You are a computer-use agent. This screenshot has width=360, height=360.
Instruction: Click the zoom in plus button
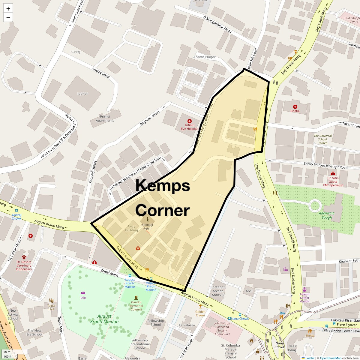click(8, 9)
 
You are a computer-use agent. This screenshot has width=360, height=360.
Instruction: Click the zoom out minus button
click(8, 17)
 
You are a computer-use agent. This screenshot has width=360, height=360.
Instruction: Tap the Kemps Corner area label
click(163, 198)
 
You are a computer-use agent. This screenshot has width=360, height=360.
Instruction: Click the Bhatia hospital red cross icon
click(295, 106)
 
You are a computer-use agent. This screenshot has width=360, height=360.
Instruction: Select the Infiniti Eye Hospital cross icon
click(190, 121)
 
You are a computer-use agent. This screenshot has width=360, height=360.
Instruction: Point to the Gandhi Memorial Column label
click(136, 306)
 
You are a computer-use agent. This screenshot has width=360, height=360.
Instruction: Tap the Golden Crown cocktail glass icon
click(200, 306)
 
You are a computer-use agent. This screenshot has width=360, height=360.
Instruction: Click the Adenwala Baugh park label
click(321, 215)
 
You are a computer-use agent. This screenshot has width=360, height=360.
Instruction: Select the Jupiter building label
click(82, 94)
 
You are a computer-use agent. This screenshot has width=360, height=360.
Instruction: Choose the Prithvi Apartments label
click(105, 118)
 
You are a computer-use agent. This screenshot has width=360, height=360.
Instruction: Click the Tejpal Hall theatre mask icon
click(51, 300)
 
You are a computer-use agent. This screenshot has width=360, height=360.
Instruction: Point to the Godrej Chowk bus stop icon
click(16, 211)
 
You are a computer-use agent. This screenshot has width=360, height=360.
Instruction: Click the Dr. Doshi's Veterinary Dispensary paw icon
click(24, 257)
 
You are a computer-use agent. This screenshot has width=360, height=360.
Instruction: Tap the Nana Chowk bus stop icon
click(229, 319)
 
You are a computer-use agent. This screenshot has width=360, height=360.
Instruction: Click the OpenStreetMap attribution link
click(330, 358)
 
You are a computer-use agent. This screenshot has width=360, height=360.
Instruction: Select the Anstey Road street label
click(101, 72)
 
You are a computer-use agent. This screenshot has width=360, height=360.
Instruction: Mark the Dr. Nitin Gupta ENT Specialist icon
click(333, 173)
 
